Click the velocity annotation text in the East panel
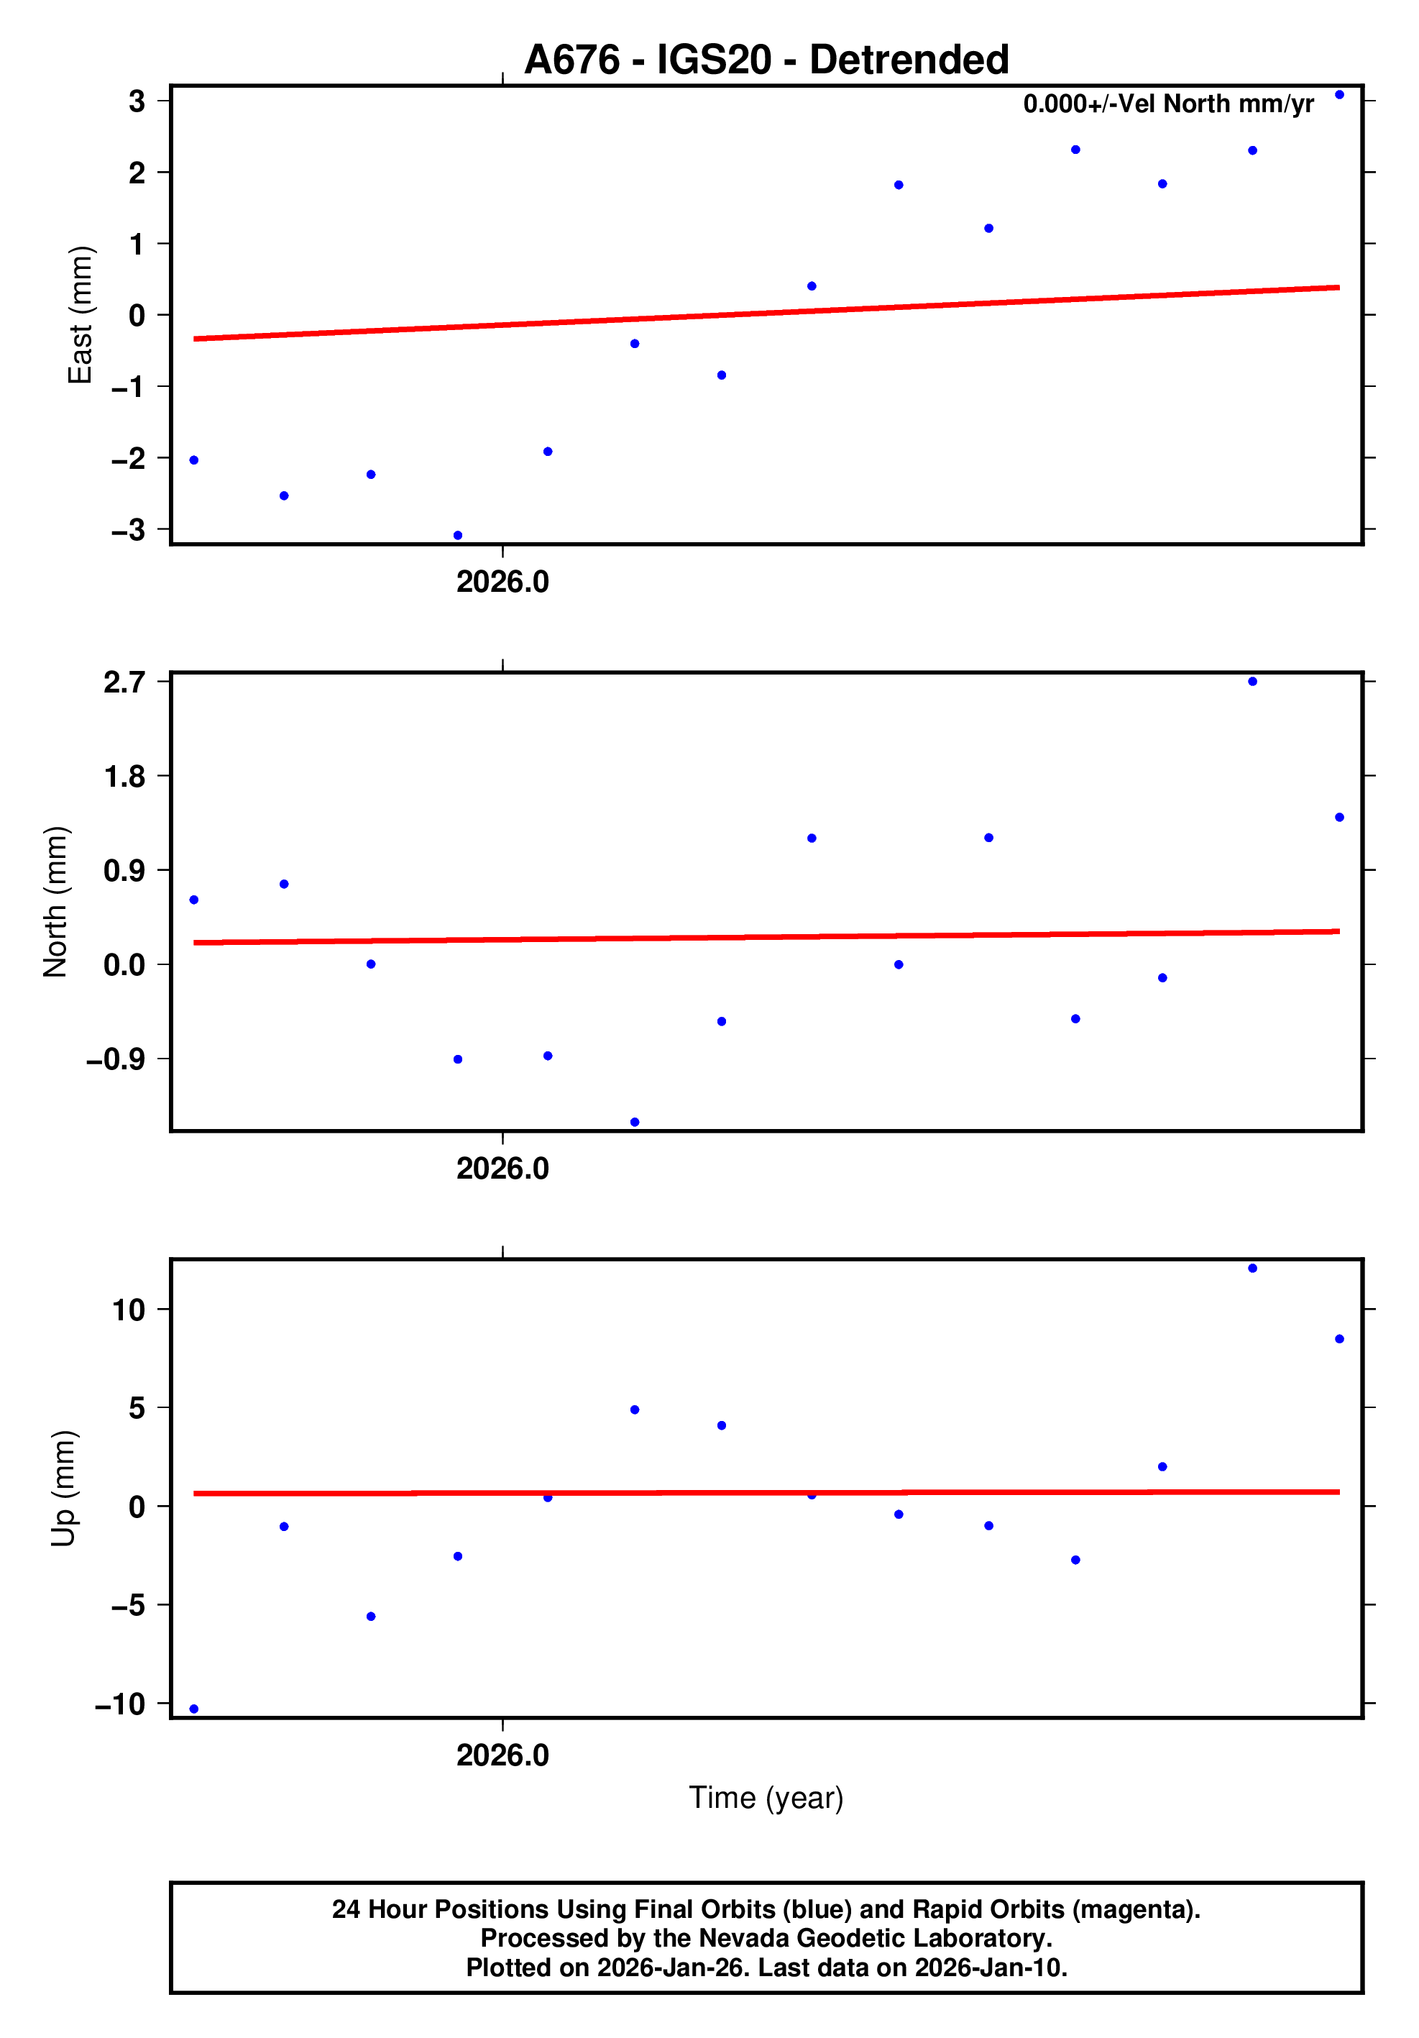click(1168, 104)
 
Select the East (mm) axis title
click(80, 315)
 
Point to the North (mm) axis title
click(55, 902)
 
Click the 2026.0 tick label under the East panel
click(502, 582)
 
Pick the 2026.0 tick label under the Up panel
click(502, 1755)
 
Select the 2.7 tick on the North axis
click(124, 682)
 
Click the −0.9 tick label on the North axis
click(115, 1059)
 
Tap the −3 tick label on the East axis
click(127, 530)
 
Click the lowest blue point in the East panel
click(458, 535)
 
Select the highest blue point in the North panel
click(1252, 682)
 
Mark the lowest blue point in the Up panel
click(194, 1709)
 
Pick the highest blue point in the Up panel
click(1252, 1269)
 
